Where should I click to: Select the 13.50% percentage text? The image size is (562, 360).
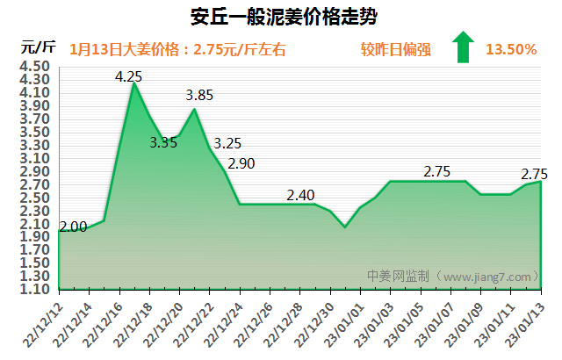[x=510, y=49]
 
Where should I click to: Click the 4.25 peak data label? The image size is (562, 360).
[x=129, y=76]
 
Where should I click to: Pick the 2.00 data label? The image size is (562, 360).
[x=73, y=227]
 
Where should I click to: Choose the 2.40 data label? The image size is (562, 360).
[x=301, y=194]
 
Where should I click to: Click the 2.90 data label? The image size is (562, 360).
[x=241, y=163]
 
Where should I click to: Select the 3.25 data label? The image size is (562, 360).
[x=228, y=143]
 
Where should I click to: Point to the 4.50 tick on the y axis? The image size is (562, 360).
[x=33, y=66]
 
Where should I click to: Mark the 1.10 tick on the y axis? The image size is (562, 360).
[x=33, y=289]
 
